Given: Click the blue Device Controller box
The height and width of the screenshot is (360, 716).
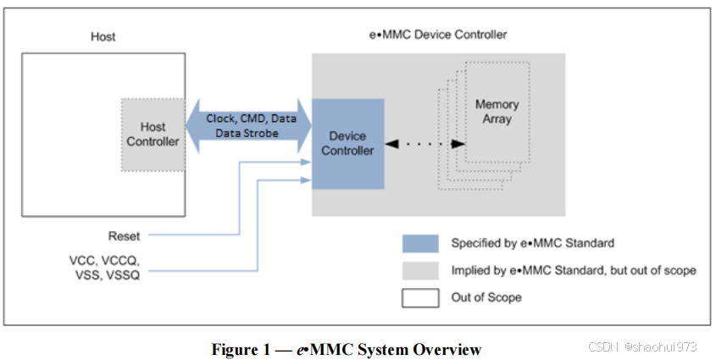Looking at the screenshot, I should coord(347,143).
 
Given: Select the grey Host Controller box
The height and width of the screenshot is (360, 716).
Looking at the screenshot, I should coord(153,134).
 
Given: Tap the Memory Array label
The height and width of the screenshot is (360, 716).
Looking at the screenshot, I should coord(497,112).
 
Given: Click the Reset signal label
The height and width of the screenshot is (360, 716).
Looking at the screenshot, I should coord(124,235).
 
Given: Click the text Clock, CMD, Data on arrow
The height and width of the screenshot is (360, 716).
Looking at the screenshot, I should coord(251,119).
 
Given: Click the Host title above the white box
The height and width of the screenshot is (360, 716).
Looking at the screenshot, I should coord(103,36).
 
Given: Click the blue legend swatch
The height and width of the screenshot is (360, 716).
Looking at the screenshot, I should coord(419,244).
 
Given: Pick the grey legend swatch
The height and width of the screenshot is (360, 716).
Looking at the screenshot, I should coord(419,270).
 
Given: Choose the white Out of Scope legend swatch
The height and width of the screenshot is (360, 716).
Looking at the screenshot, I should coord(419,298).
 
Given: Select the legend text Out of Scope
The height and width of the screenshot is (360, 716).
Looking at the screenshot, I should coord(486,298).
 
